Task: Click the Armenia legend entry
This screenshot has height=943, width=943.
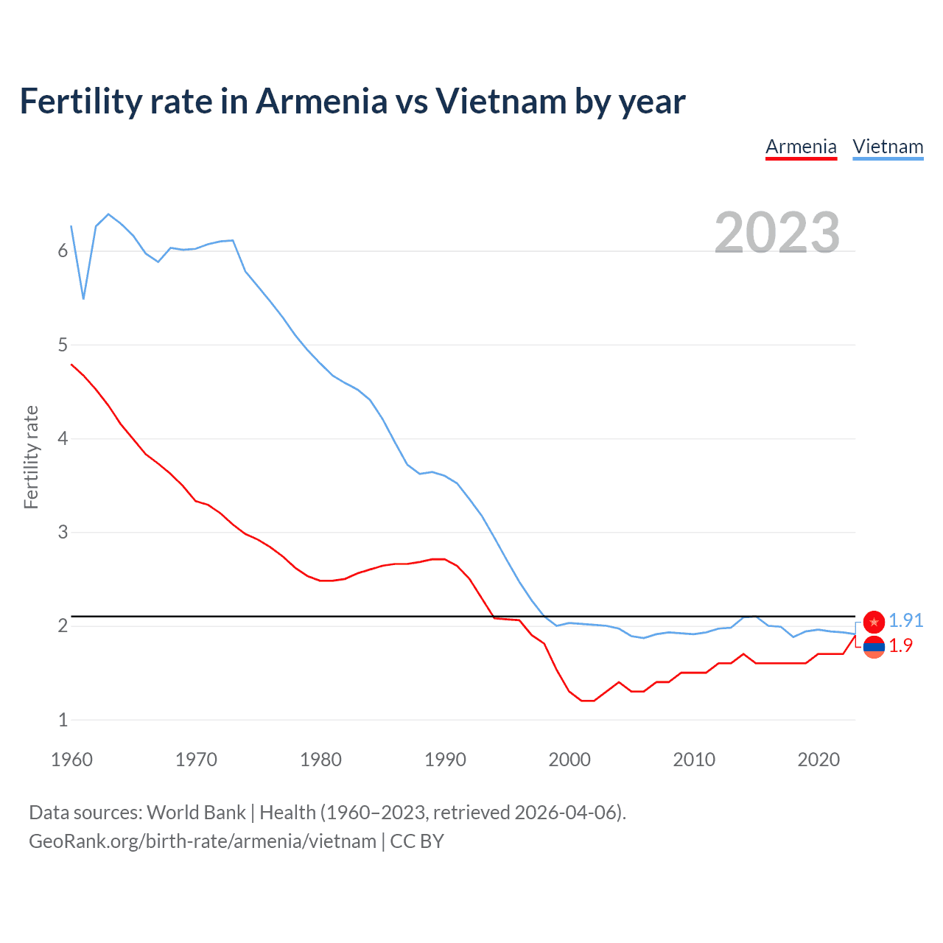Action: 801,147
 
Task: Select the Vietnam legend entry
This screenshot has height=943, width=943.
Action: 888,147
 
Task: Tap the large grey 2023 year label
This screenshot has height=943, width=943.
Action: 777,233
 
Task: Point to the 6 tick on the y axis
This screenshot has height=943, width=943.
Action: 63,251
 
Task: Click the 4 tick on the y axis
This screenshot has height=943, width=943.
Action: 63,438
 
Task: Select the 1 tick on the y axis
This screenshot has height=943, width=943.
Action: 63,720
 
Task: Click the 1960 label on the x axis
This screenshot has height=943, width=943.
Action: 71,760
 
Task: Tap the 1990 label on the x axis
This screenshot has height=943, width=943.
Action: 445,760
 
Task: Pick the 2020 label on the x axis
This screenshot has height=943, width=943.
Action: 818,760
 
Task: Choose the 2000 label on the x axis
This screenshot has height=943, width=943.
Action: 569,760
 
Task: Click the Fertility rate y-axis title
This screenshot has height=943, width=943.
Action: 31,457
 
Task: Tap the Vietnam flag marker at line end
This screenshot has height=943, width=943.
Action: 874,622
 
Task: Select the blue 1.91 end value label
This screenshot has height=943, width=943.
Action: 905,620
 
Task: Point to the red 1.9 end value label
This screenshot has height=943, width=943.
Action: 900,645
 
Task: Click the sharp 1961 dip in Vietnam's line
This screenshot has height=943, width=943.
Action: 83,298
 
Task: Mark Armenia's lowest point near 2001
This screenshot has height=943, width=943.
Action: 587,701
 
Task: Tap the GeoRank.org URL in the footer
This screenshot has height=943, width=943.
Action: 203,841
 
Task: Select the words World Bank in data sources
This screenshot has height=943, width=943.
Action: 196,812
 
